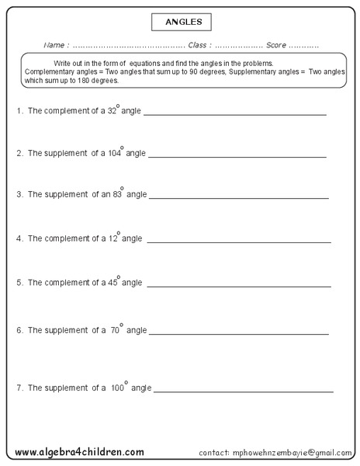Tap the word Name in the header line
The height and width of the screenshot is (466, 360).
(x=56, y=45)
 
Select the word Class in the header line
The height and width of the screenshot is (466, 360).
(x=199, y=45)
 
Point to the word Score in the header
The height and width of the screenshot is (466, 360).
(x=276, y=45)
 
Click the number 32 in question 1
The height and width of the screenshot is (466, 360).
(x=111, y=111)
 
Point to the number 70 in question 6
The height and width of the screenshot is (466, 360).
(x=115, y=330)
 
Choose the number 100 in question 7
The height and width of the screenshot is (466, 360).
(x=117, y=387)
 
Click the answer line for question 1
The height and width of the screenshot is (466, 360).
(x=234, y=115)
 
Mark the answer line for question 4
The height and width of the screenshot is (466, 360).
(x=238, y=242)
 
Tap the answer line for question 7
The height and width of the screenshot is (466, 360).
(x=244, y=391)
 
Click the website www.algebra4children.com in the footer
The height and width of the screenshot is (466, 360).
(x=78, y=451)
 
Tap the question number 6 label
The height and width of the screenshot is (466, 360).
(x=19, y=330)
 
